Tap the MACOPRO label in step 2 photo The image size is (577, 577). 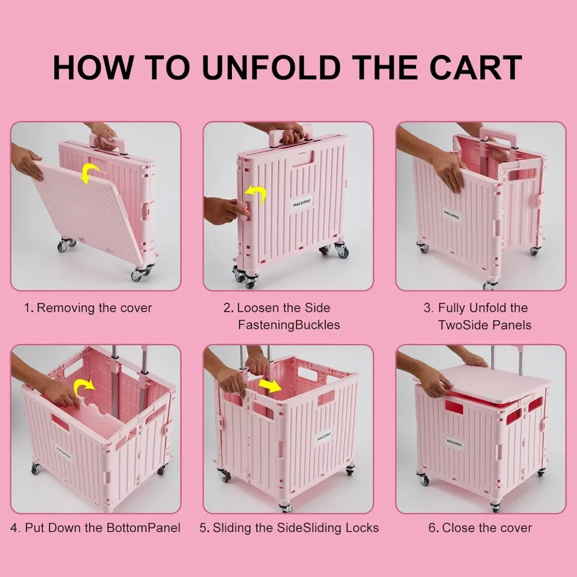tap(301, 203)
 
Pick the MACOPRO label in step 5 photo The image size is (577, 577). tap(324, 437)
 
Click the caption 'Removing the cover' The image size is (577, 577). tap(95, 308)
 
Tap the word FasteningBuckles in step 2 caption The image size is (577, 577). tap(288, 325)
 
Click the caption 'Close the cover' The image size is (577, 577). tap(487, 527)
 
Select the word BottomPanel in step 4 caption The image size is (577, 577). tap(144, 527)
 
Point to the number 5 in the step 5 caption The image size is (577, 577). tap(203, 527)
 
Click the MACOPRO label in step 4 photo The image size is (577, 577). tap(64, 453)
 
